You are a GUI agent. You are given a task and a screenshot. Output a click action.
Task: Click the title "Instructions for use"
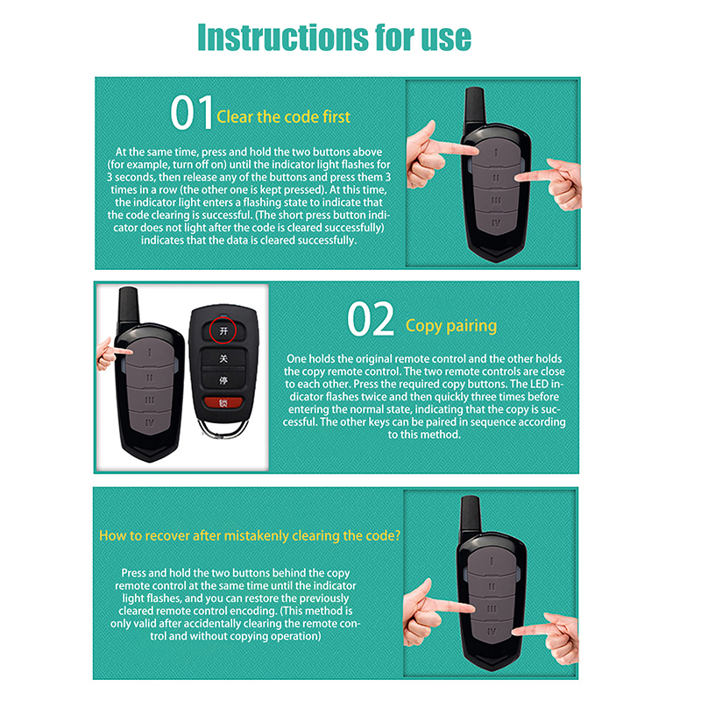click(335, 38)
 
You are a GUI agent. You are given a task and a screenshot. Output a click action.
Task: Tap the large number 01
click(191, 113)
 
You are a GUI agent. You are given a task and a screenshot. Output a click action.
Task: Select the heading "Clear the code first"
click(283, 117)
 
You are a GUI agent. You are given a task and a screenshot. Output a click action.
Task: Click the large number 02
click(371, 319)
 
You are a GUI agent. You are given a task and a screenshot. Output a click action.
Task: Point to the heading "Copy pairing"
click(451, 326)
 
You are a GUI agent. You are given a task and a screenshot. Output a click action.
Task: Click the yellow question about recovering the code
click(250, 535)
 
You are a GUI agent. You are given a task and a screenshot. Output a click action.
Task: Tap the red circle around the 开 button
click(223, 330)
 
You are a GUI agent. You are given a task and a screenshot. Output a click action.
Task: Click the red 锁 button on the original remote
click(223, 403)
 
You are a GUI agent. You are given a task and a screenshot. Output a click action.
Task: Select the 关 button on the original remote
click(223, 358)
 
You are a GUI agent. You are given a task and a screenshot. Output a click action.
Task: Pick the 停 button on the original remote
click(223, 380)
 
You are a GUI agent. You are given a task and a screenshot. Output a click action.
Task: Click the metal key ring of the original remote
click(224, 428)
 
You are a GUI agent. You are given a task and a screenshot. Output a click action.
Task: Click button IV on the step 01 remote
click(495, 223)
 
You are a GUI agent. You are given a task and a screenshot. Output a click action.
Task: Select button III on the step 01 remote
click(496, 201)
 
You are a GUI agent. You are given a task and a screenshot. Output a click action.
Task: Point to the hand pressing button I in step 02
click(112, 353)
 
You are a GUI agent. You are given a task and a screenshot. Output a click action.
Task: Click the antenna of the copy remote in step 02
click(128, 306)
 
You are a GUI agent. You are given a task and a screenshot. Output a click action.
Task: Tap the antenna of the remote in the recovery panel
click(471, 515)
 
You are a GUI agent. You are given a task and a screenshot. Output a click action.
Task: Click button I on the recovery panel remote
click(492, 561)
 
